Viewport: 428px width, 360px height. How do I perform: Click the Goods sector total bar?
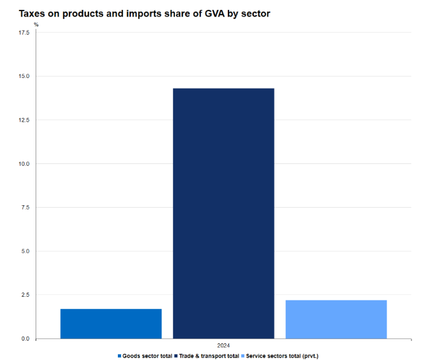[x=111, y=323]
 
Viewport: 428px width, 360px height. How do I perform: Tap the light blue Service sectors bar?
[x=336, y=319]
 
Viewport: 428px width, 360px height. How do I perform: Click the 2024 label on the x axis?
[x=224, y=345]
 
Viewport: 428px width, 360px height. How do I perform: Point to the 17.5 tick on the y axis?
[x=24, y=33]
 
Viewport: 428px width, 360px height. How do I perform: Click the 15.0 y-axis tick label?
[x=24, y=76]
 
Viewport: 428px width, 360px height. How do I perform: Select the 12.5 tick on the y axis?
[x=24, y=120]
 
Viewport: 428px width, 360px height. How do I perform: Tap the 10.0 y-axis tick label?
[x=24, y=164]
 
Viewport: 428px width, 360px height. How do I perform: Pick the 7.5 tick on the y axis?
[x=25, y=208]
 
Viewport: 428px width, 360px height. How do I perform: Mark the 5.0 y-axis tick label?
[x=25, y=251]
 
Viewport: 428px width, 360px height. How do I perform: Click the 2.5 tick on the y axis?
[x=25, y=295]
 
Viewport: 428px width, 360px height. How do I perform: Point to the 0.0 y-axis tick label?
[x=25, y=338]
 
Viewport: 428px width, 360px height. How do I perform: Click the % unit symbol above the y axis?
[x=36, y=25]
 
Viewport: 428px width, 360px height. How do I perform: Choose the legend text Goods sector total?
[x=147, y=356]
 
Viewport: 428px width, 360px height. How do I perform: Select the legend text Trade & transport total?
[x=209, y=356]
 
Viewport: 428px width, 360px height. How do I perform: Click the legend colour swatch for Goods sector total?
[x=119, y=356]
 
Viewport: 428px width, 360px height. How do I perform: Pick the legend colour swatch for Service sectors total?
[x=243, y=356]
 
